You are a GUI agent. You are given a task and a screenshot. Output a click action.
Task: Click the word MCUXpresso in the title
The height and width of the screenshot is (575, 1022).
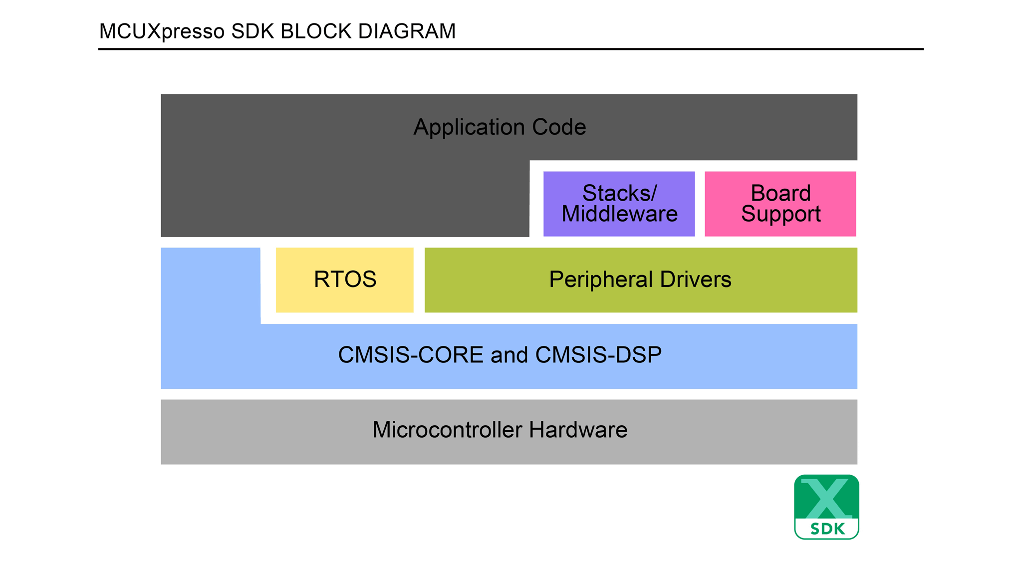click(162, 31)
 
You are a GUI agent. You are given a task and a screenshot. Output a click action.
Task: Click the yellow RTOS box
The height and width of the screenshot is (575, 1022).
click(344, 280)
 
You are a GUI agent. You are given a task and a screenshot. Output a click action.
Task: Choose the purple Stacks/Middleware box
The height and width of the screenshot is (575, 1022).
click(619, 204)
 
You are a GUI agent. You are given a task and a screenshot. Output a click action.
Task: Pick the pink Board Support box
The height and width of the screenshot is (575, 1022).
click(780, 204)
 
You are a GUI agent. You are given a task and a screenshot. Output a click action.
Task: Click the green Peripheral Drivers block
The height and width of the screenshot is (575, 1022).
click(641, 280)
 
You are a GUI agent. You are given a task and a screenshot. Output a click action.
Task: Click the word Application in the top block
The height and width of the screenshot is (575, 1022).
click(469, 127)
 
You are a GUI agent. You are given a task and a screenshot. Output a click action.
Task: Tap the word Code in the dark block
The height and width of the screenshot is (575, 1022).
click(559, 127)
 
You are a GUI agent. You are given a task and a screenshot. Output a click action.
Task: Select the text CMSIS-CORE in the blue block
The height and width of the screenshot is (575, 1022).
click(411, 355)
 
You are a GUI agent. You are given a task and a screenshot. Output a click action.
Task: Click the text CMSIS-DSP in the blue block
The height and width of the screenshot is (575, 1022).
click(598, 355)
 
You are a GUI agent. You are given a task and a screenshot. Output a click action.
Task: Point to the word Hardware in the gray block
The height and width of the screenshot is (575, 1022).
click(578, 430)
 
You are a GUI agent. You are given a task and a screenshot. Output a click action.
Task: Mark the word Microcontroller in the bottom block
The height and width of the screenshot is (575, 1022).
click(448, 430)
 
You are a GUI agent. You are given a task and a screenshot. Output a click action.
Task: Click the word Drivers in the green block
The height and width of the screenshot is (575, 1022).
click(696, 280)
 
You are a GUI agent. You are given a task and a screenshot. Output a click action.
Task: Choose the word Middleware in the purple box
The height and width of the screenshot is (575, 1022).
click(619, 214)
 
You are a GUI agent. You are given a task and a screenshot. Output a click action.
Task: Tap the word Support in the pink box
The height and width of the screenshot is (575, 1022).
click(780, 214)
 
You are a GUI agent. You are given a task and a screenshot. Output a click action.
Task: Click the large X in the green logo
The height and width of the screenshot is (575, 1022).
click(826, 498)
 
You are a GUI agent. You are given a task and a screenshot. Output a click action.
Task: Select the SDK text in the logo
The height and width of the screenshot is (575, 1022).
click(827, 529)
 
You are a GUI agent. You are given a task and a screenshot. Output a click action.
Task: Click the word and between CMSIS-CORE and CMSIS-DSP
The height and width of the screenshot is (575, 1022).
click(509, 355)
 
